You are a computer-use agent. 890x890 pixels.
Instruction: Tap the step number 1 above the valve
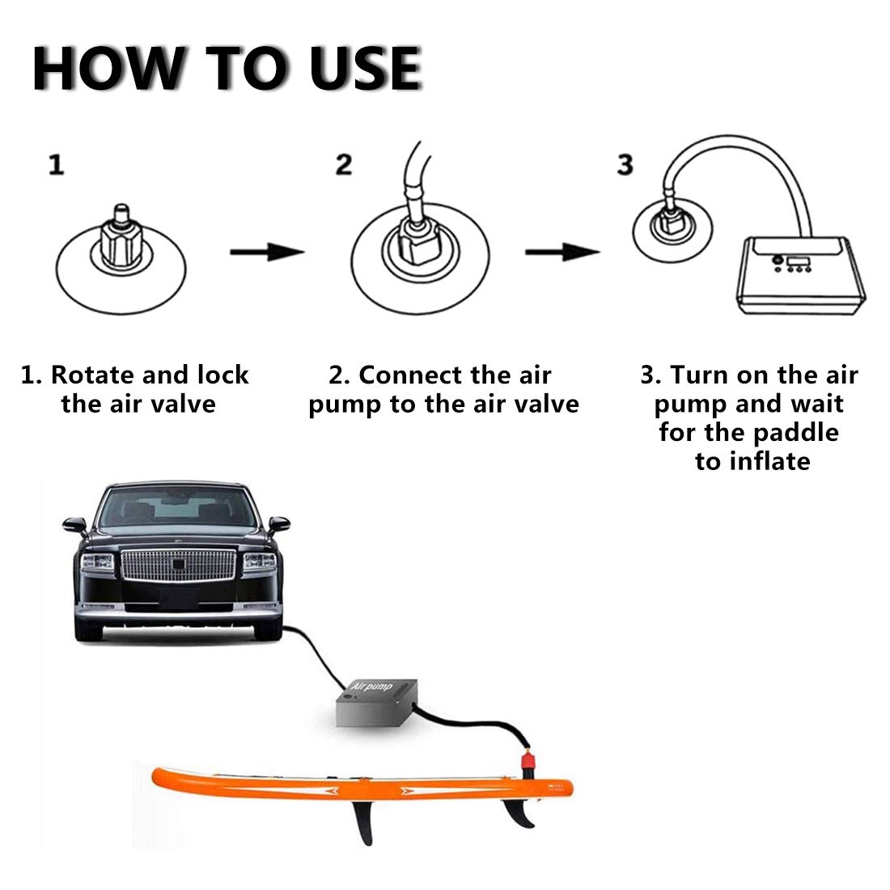[x=56, y=166]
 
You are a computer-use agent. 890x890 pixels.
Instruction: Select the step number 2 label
[x=344, y=165]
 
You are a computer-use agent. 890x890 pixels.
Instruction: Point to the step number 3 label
[x=625, y=165]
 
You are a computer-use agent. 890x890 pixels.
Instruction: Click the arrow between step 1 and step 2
[x=266, y=253]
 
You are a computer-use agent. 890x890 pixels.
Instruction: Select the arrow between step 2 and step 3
[x=562, y=253]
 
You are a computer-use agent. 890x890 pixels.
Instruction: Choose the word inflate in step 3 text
[x=769, y=461]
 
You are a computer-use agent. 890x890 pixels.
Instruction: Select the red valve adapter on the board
[x=528, y=760]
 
